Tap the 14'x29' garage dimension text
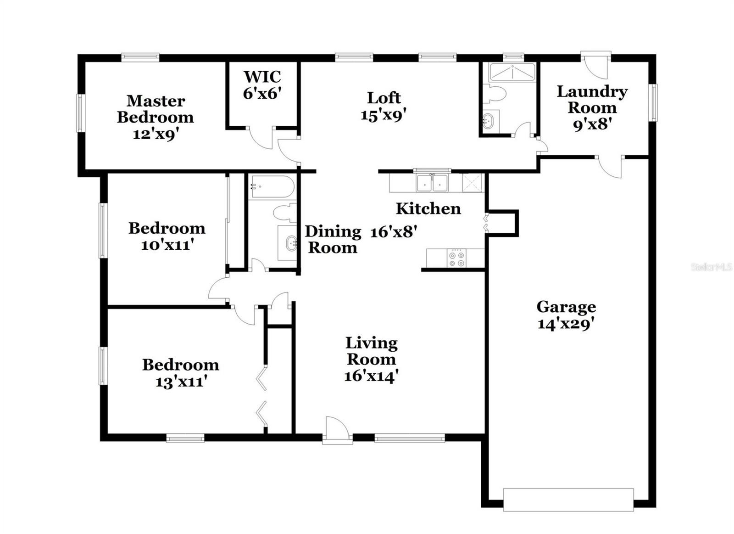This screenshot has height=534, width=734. point(566,325)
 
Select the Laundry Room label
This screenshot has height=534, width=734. point(592,100)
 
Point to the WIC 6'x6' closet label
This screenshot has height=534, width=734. point(262,85)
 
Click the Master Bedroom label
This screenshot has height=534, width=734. point(156,109)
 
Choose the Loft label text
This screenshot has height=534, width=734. point(384,97)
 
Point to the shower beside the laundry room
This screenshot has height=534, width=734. point(512,73)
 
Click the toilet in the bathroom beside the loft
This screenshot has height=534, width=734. point(494,93)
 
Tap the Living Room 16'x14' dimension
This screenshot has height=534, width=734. point(371,376)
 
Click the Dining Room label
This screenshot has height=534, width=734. point(333,239)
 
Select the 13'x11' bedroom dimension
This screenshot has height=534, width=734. point(181,382)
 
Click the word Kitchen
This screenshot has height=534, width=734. point(428,208)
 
